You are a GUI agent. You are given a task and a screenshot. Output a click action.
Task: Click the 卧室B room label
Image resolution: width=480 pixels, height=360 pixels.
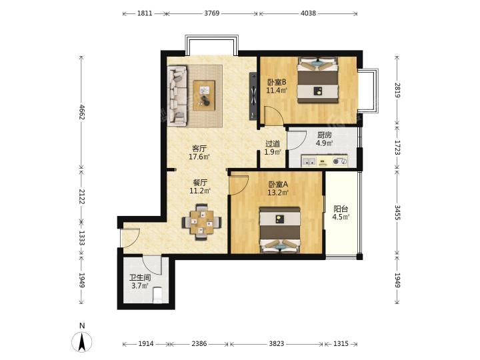point(277,83)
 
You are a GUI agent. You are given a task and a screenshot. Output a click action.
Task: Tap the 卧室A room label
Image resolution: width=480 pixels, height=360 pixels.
point(278,185)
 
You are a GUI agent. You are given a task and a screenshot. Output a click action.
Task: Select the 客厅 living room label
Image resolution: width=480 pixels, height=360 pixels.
point(199,149)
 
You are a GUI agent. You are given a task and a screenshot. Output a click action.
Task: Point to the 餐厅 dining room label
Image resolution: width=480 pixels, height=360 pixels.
point(200,183)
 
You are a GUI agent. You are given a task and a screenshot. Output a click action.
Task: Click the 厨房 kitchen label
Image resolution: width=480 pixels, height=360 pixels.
point(325,135)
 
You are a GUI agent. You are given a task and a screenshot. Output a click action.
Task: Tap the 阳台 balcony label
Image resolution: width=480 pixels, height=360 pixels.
point(341,209)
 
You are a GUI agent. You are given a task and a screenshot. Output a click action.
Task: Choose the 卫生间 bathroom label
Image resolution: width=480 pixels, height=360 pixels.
point(140,278)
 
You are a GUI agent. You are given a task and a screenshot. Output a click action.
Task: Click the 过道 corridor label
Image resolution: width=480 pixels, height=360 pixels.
point(273,143)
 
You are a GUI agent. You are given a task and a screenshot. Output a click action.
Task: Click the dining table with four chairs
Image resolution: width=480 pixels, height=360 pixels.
point(202,222)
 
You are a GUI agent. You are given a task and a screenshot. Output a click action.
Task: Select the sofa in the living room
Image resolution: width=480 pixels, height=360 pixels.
point(177,95)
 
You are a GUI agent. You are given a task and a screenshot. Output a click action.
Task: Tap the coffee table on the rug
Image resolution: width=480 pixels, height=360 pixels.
point(204,95)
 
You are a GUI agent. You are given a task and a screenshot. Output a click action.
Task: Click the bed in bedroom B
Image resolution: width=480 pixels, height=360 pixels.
point(318,79)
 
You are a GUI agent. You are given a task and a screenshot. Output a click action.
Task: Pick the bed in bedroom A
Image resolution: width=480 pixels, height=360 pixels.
point(280,230)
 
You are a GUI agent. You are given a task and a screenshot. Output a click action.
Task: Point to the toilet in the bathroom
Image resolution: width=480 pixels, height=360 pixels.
point(157,295)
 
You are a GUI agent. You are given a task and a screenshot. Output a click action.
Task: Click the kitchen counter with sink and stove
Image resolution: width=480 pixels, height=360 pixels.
point(325,161)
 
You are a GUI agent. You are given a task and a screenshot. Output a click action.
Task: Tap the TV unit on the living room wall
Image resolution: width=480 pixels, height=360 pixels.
point(253,96)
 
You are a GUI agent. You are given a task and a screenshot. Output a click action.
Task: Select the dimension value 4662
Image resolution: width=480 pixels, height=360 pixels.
point(82,112)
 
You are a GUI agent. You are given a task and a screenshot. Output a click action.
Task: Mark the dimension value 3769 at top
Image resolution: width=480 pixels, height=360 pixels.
point(212,13)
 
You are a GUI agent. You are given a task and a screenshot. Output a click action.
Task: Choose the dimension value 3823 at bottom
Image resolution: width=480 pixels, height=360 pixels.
point(277,344)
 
